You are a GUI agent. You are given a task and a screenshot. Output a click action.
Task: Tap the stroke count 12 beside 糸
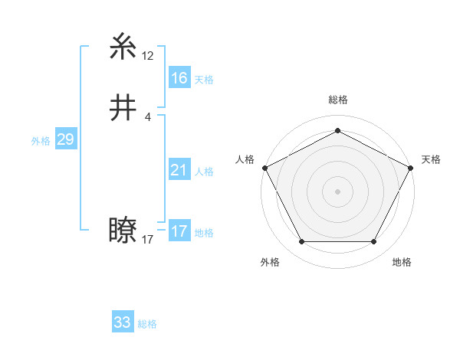[148, 56]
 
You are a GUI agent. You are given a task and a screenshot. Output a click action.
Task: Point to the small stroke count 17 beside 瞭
[148, 239]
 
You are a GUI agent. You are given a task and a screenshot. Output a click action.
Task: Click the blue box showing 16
[179, 78]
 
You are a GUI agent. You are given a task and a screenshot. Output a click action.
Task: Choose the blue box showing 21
[179, 170]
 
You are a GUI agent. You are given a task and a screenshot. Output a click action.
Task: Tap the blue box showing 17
[179, 231]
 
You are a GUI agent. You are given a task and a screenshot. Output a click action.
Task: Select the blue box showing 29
[65, 139]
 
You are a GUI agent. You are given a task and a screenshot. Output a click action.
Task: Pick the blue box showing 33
[122, 322]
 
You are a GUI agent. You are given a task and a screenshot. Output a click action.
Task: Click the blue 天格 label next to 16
[203, 80]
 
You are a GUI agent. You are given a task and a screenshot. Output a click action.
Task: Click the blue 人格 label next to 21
[203, 172]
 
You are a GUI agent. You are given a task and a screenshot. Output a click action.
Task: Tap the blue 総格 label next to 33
[147, 324]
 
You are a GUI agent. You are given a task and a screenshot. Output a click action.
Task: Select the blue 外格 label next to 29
[41, 141]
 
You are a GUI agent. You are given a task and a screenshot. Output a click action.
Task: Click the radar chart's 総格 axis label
[337, 100]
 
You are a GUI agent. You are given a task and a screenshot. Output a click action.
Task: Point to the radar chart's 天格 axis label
[431, 159]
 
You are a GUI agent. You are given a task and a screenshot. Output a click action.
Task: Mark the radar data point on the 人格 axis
[265, 167]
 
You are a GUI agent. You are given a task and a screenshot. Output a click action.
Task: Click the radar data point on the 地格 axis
[373, 242]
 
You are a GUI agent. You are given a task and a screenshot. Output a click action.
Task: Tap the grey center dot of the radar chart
[337, 191]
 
